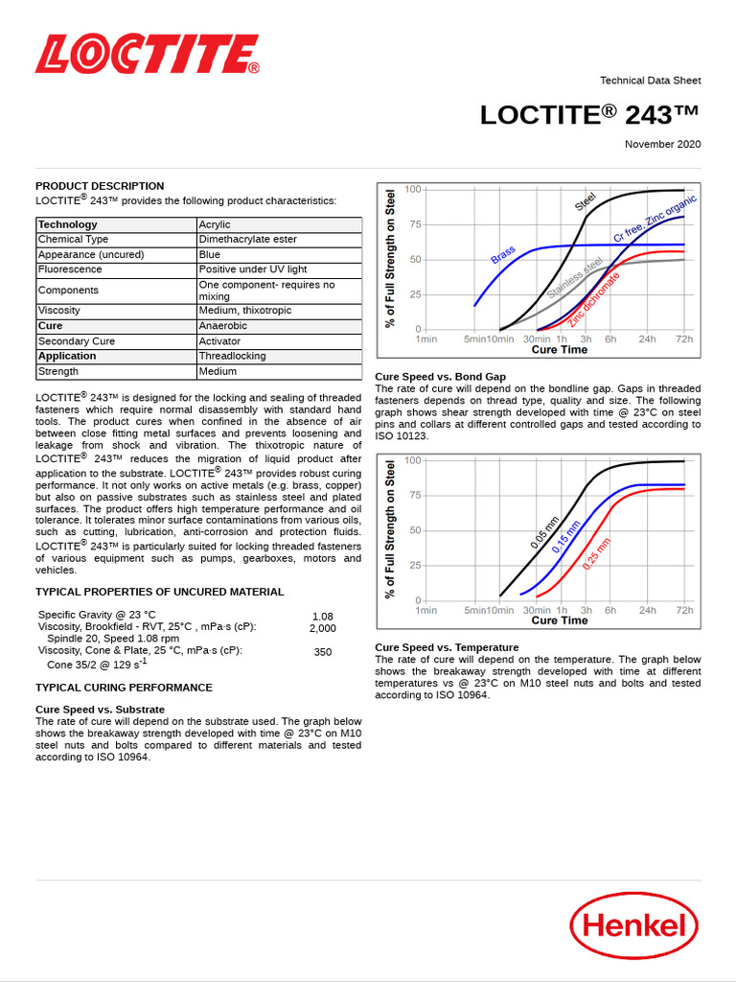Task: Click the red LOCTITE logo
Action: [x=147, y=55]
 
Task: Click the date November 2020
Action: [x=662, y=144]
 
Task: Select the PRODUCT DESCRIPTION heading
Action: [x=100, y=186]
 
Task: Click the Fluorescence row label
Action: [x=70, y=269]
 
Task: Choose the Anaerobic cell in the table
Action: [x=222, y=326]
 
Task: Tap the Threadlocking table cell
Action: [x=232, y=356]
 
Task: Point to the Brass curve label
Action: [x=503, y=255]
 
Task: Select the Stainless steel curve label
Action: [x=575, y=278]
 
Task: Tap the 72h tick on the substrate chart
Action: [x=684, y=339]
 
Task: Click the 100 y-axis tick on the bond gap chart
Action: [x=413, y=460]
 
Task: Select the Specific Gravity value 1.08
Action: [x=322, y=617]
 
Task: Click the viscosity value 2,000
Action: [x=322, y=628]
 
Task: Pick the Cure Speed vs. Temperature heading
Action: [x=447, y=647]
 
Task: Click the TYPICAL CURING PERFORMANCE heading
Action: [x=124, y=688]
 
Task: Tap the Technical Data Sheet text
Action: [x=650, y=81]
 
